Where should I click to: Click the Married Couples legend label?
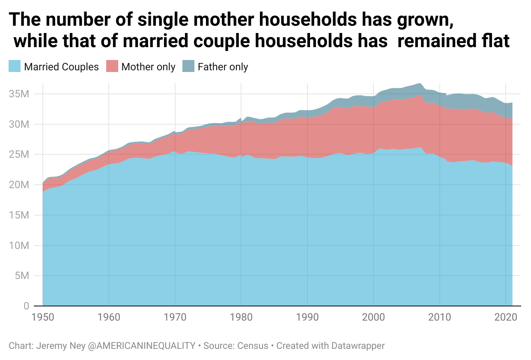tap(62, 67)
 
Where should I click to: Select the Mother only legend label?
tap(148, 67)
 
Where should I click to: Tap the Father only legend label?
tap(223, 67)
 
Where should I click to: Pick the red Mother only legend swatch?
tap(112, 66)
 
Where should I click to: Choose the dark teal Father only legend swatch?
tap(188, 66)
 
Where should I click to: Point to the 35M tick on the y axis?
tap(19, 94)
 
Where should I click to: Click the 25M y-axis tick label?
tap(19, 154)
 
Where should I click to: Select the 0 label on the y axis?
tap(26, 306)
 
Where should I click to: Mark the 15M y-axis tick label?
tap(19, 215)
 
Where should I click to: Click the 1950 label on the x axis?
tap(43, 318)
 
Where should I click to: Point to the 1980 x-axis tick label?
tap(242, 318)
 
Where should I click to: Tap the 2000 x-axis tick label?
tap(374, 318)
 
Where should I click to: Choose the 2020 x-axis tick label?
tap(506, 318)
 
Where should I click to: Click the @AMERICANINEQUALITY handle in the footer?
tap(141, 345)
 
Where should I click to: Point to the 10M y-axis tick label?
tap(19, 246)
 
